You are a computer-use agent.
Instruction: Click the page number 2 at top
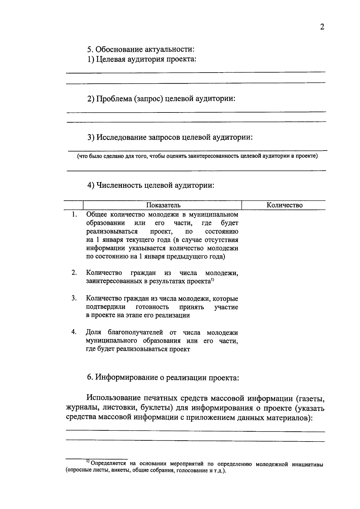pos(322,27)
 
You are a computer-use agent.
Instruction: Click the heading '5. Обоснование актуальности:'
pos(141,49)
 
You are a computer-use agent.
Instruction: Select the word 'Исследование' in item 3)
pos(122,137)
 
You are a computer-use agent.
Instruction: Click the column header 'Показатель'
pos(163,205)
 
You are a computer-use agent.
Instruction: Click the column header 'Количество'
pos(284,205)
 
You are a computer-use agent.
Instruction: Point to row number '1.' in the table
pos(74,214)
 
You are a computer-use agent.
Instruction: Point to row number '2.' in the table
pos(74,273)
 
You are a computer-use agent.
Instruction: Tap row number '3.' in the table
pos(74,298)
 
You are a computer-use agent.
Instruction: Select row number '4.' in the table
pos(74,332)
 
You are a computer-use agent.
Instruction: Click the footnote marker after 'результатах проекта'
pos(212,280)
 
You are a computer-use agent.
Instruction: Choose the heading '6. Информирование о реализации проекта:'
pos(163,378)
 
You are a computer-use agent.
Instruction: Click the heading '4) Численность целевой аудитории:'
pos(151,185)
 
